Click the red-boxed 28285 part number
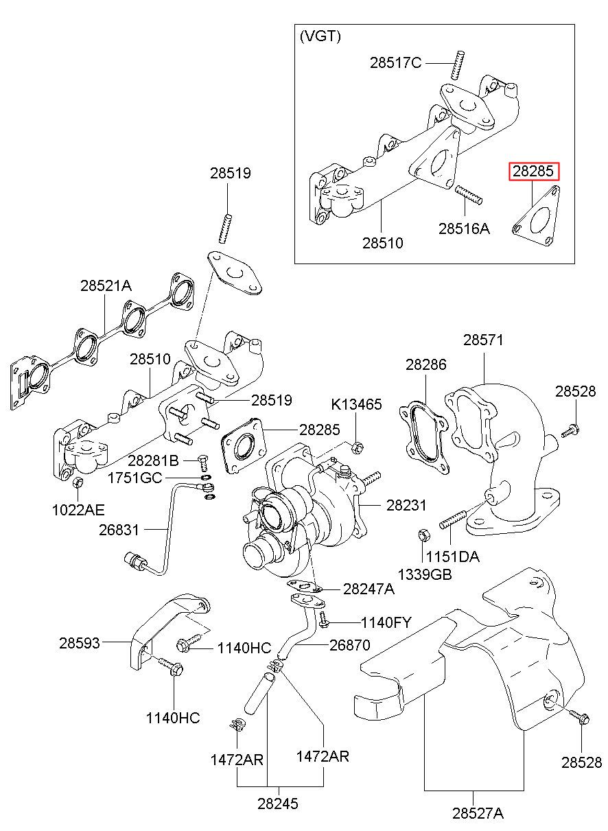533,172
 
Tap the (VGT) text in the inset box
320,37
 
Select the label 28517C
395,63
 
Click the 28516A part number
464,229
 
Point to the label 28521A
105,286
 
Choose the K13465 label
356,404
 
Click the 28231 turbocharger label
406,506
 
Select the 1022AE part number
80,509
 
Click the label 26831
119,530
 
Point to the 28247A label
369,589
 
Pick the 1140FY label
386,623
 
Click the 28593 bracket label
79,643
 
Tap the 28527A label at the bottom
478,814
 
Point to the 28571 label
483,340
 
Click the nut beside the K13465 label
356,448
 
